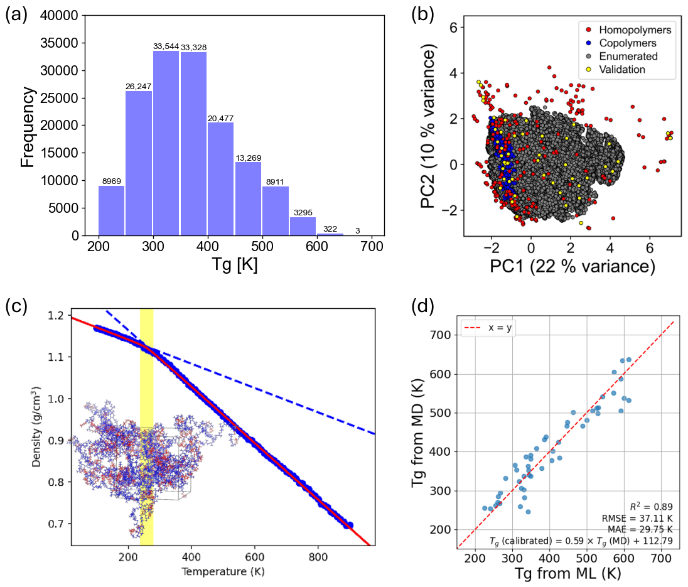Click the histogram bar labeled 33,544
click(x=166, y=143)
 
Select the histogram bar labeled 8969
click(x=111, y=210)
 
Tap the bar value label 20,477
click(x=220, y=119)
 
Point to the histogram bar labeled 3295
click(x=303, y=227)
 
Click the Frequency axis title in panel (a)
click(x=27, y=127)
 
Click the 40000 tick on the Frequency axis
click(x=59, y=16)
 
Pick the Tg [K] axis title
click(x=235, y=264)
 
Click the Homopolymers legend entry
click(x=628, y=30)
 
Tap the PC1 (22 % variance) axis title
click(x=572, y=266)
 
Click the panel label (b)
click(x=422, y=14)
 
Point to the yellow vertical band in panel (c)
click(x=146, y=427)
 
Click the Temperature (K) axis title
click(x=223, y=572)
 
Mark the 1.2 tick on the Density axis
click(x=56, y=316)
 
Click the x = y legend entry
click(x=488, y=328)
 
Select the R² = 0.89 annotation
click(x=651, y=506)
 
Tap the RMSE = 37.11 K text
click(x=637, y=518)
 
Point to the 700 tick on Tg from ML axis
click(x=661, y=559)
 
